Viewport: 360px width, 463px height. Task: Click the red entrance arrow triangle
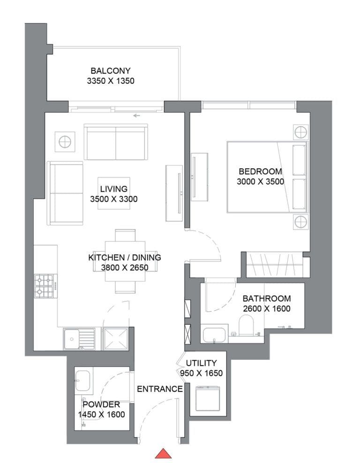click(x=163, y=453)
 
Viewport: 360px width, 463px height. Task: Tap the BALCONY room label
click(x=111, y=71)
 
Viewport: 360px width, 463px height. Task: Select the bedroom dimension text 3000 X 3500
click(x=261, y=182)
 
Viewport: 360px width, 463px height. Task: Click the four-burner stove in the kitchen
click(x=45, y=286)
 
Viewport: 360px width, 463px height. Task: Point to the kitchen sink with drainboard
click(x=79, y=338)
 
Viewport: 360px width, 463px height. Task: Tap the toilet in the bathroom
click(x=246, y=325)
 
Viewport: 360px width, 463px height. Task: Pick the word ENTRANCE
click(x=159, y=389)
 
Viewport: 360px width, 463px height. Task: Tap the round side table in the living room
click(x=64, y=141)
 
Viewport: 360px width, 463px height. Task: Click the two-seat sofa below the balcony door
click(x=116, y=142)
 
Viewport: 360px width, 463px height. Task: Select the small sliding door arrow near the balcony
click(x=136, y=115)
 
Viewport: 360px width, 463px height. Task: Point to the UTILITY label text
click(x=201, y=363)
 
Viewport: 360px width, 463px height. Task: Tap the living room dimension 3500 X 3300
click(x=113, y=199)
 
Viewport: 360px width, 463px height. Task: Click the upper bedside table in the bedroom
click(x=300, y=132)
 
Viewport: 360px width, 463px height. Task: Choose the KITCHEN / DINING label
click(x=125, y=257)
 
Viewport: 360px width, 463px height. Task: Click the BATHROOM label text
click(x=266, y=299)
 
